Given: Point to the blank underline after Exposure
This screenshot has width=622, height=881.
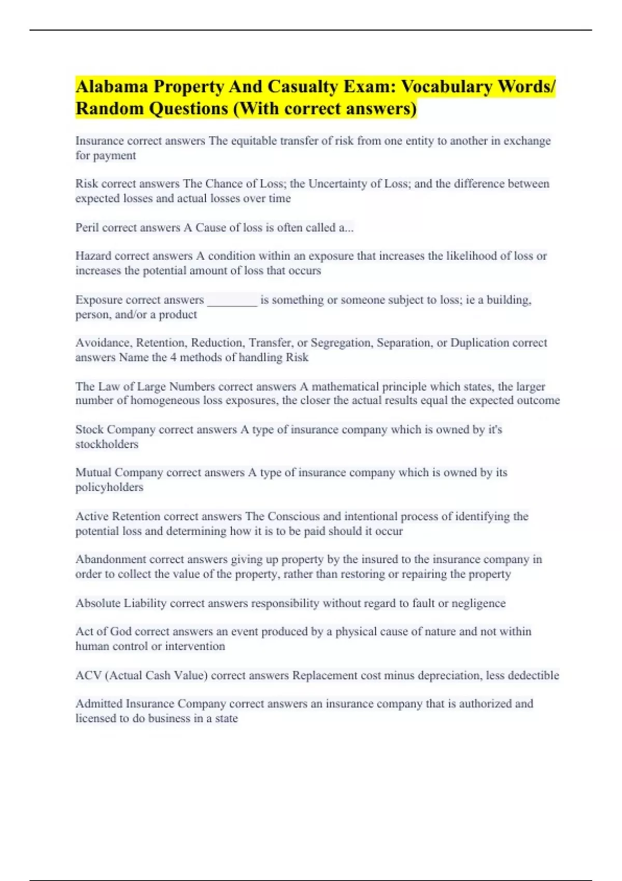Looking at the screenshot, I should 232,301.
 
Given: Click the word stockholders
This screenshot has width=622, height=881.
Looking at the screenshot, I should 107,445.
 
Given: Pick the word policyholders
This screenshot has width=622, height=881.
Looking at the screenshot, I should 109,488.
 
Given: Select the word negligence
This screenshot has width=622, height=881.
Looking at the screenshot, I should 478,603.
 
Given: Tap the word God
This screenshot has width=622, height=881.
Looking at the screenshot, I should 121,632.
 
